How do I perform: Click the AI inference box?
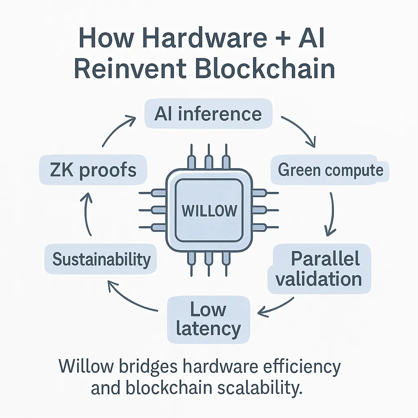click(208, 114)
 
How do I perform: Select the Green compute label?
click(330, 170)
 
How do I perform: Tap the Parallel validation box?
click(319, 269)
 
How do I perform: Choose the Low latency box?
click(208, 319)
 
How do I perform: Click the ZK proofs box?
click(93, 170)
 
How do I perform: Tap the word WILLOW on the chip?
click(209, 211)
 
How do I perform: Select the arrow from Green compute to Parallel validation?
click(331, 214)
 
